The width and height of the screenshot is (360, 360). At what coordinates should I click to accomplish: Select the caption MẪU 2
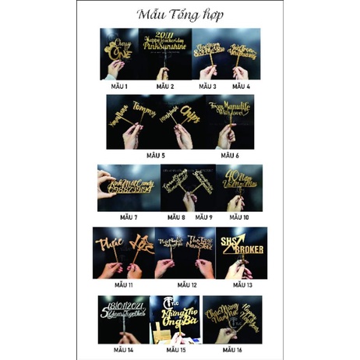click(166, 85)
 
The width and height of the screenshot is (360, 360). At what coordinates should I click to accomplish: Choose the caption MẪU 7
click(129, 217)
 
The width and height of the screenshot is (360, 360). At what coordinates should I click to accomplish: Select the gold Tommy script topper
click(145, 109)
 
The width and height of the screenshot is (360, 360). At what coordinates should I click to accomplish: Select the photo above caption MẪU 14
click(123, 319)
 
